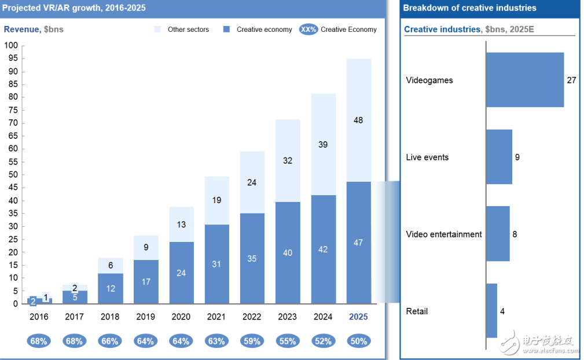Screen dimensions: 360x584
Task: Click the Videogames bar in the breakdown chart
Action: (x=524, y=80)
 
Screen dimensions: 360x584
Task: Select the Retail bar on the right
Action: (x=491, y=311)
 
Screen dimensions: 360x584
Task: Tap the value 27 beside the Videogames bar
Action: (x=571, y=80)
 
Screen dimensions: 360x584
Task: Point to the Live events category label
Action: (x=427, y=157)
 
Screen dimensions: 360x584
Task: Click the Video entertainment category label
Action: (x=444, y=234)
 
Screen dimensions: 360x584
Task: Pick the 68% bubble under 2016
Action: (x=39, y=341)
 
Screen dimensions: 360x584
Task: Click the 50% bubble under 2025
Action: (x=359, y=341)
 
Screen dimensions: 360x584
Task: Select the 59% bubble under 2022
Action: (x=252, y=341)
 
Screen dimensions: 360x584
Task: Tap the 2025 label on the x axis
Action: (x=358, y=317)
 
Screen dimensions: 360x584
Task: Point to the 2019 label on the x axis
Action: (x=146, y=317)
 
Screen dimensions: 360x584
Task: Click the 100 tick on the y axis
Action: (x=11, y=46)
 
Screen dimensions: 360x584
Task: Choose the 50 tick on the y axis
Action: (x=13, y=175)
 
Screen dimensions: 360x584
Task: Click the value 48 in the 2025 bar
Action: (x=359, y=120)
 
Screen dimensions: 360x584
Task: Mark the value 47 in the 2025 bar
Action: (x=359, y=243)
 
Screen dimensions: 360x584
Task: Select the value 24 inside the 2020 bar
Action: (x=181, y=273)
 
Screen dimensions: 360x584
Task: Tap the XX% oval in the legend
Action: (x=308, y=30)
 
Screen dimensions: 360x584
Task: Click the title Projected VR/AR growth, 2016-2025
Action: (x=74, y=8)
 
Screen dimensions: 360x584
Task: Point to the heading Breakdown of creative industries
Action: (x=469, y=8)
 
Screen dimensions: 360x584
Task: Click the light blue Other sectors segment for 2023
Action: (x=288, y=160)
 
